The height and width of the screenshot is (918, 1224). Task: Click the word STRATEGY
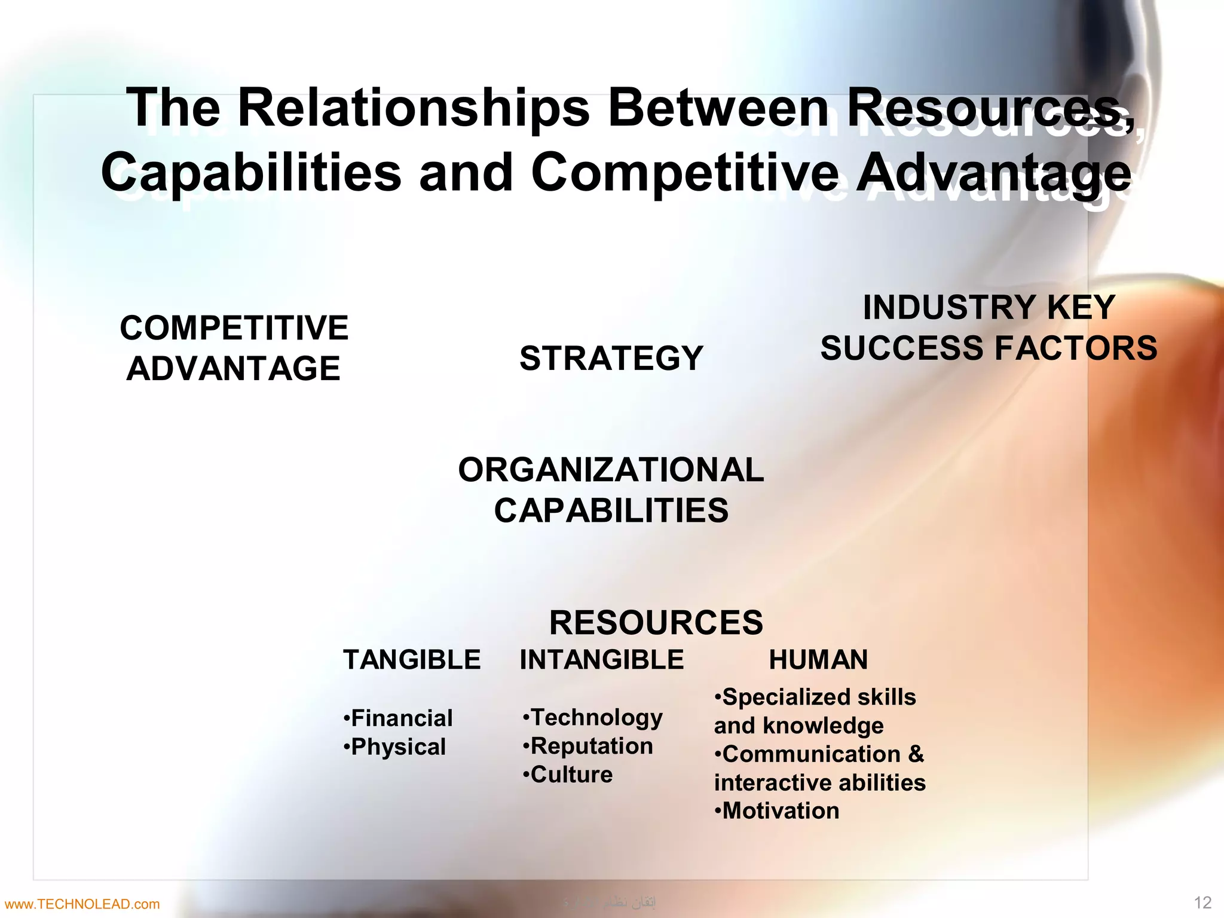[611, 358]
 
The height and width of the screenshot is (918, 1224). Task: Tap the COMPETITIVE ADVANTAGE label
[234, 348]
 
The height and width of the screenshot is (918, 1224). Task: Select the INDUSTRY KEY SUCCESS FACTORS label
[989, 328]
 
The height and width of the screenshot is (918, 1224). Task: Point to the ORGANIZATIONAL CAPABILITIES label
[611, 490]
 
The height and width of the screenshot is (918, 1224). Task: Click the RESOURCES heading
[656, 623]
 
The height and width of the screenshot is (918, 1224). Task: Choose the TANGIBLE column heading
[412, 660]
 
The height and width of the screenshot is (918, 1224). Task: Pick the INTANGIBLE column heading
[602, 660]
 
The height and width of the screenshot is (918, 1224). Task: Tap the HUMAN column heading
[818, 660]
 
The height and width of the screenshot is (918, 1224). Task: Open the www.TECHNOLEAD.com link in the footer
[81, 904]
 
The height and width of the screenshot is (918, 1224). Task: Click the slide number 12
[1202, 902]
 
